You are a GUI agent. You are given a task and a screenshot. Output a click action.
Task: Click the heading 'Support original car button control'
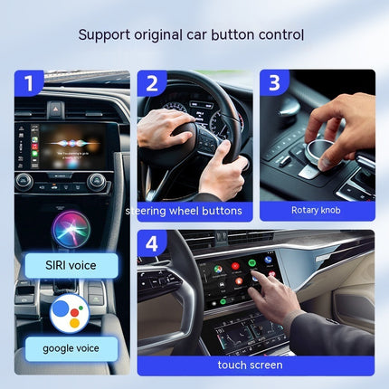point(190,35)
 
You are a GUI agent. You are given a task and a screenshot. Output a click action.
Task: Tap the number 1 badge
point(28,83)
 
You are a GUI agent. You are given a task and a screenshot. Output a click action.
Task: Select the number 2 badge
point(151,83)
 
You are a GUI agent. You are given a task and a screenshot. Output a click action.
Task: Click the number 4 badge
point(151,244)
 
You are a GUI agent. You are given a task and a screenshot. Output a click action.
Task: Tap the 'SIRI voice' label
point(71,265)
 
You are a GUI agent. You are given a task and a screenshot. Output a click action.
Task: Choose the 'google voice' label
point(71,346)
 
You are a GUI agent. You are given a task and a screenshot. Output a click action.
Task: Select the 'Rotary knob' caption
point(317,211)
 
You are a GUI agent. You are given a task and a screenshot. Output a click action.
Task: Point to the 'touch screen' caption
point(250,365)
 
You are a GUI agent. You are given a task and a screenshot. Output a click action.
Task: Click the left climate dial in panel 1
point(25,180)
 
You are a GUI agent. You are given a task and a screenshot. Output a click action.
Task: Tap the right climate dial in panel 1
point(97,180)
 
